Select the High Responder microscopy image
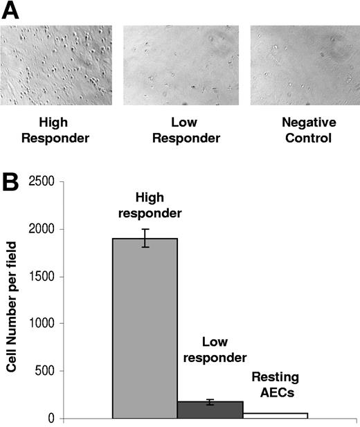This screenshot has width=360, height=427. click(x=56, y=66)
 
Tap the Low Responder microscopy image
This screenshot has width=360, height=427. click(x=181, y=66)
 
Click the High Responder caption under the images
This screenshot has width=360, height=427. click(x=46, y=129)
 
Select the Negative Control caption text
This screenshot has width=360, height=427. click(x=308, y=129)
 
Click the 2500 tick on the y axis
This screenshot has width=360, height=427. click(x=46, y=182)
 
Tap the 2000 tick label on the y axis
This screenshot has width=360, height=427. click(x=46, y=229)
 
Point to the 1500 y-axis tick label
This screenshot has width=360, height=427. click(x=46, y=276)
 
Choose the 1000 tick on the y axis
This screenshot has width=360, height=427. click(x=46, y=323)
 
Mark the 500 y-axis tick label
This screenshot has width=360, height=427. click(x=49, y=371)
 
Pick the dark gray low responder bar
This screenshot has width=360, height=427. click(x=210, y=410)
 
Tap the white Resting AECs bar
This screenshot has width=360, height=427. click(x=275, y=415)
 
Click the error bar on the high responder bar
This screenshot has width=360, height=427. click(x=145, y=238)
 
